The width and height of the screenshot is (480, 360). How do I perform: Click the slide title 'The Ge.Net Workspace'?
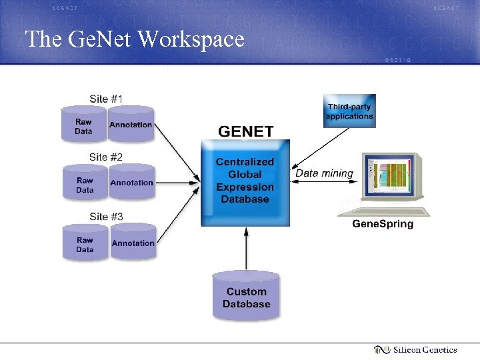coord(135,39)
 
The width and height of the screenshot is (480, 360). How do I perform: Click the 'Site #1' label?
coord(106,99)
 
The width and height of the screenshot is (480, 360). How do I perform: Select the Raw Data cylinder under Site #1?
coord(83,125)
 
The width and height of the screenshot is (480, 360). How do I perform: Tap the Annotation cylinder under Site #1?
coord(131,125)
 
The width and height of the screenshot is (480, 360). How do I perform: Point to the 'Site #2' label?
coord(106,157)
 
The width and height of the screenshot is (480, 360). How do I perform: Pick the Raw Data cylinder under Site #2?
coord(85,184)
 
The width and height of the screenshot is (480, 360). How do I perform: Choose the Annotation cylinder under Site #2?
coord(131,183)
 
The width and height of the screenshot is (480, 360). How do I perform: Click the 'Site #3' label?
coord(106,216)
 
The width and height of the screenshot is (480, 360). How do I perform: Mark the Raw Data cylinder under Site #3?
coord(85,244)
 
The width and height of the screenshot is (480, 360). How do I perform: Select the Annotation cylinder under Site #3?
coord(133,243)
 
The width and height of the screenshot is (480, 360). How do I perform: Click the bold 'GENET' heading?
coord(246,131)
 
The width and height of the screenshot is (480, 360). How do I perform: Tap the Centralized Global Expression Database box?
coord(245,181)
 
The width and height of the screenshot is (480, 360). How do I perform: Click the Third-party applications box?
coord(349,111)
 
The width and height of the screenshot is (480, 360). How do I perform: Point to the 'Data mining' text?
coord(324,173)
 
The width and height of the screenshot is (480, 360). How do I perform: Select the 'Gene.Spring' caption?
coord(383,224)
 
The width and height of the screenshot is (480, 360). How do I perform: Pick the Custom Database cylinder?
coord(246,297)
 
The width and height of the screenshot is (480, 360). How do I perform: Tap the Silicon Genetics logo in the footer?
coord(415,349)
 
